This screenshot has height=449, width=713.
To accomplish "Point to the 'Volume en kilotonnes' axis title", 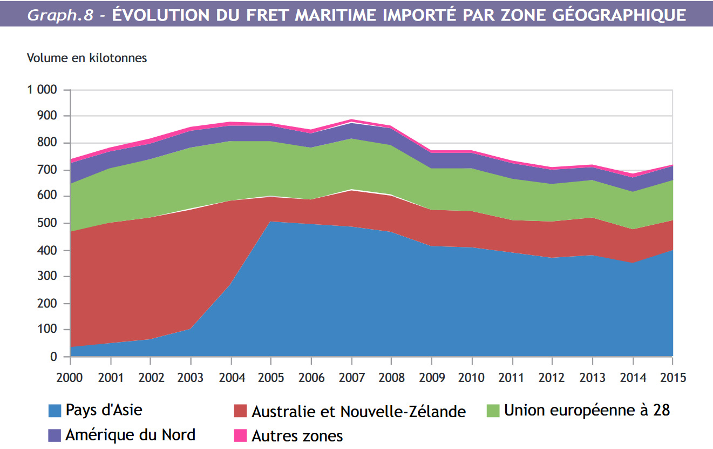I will tap(87, 58).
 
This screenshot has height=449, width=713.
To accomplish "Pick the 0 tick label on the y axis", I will tap(53, 357).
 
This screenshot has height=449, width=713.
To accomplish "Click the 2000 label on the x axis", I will tap(70, 377).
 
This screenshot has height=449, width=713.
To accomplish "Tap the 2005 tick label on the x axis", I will tap(271, 377).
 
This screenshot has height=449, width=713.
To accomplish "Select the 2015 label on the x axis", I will tap(673, 377).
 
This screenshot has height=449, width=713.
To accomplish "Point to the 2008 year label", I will tap(391, 377).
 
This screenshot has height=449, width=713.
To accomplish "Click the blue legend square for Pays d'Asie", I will tap(55, 411).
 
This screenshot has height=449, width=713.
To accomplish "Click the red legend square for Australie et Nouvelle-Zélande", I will tap(241, 411).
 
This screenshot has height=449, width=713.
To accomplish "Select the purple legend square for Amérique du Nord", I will tap(55, 435).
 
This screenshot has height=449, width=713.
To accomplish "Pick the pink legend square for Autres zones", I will tap(241, 435).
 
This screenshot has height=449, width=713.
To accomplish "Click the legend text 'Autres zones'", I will tap(297, 435).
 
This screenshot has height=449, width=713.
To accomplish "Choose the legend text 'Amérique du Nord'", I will tap(130, 435).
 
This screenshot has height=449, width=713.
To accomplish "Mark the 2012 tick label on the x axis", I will tap(552, 377).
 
